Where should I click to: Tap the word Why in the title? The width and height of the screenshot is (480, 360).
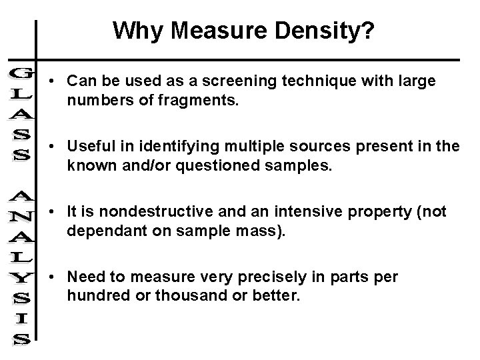point(135,30)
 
